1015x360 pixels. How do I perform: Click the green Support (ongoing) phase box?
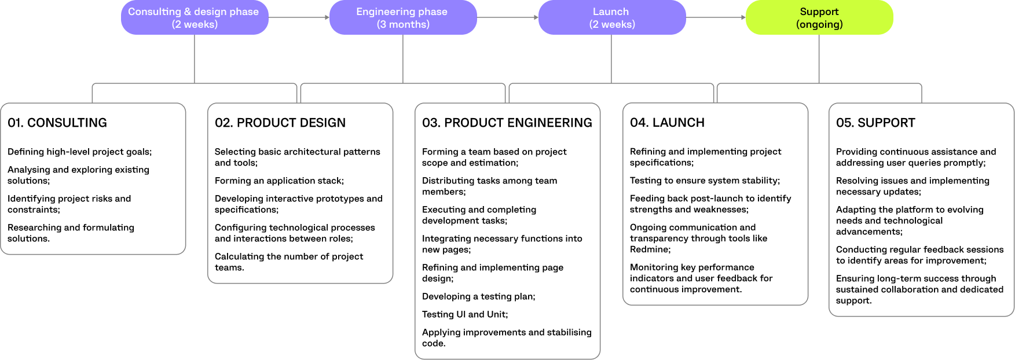[x=819, y=17]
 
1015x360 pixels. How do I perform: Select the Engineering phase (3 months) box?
[x=402, y=17]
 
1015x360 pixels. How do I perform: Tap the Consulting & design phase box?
[x=194, y=17]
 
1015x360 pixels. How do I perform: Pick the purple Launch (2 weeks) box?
[x=611, y=17]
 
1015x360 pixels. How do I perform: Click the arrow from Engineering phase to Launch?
[x=507, y=17]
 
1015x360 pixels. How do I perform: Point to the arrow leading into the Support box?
[x=716, y=17]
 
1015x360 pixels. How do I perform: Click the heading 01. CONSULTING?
[x=57, y=123]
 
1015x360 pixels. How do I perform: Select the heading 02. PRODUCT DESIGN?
[x=280, y=123]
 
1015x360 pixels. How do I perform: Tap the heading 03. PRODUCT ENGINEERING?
[x=507, y=123]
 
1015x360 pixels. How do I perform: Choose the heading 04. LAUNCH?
[x=667, y=123]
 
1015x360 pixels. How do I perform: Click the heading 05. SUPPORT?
[x=875, y=123]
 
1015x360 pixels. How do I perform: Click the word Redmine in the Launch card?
[x=649, y=249]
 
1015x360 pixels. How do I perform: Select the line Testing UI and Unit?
[x=465, y=314]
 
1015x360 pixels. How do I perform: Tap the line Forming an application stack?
[x=279, y=181]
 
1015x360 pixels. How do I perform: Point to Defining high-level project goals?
[x=79, y=152]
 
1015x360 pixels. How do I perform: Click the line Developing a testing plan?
[x=478, y=296]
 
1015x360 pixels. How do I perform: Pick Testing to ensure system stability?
[x=705, y=181]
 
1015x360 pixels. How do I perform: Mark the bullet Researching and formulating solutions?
[x=71, y=233]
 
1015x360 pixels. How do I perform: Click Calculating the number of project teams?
[x=289, y=262]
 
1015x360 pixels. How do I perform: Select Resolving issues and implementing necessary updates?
[x=913, y=186]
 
